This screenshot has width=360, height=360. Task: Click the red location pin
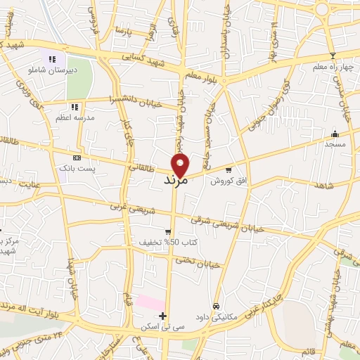coord(181,164)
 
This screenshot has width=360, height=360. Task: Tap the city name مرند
coord(174,181)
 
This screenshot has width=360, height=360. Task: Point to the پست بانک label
coord(77,169)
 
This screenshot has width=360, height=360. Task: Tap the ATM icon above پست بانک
coord(77,157)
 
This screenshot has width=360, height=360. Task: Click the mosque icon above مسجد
coord(334,134)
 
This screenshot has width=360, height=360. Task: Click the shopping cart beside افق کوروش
coord(229,169)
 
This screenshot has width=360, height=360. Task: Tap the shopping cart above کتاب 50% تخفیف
coord(167,231)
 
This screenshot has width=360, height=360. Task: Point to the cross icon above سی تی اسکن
coord(163,316)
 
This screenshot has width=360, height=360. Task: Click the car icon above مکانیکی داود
coord(217,306)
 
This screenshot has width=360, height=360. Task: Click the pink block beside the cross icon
coord(150,303)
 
